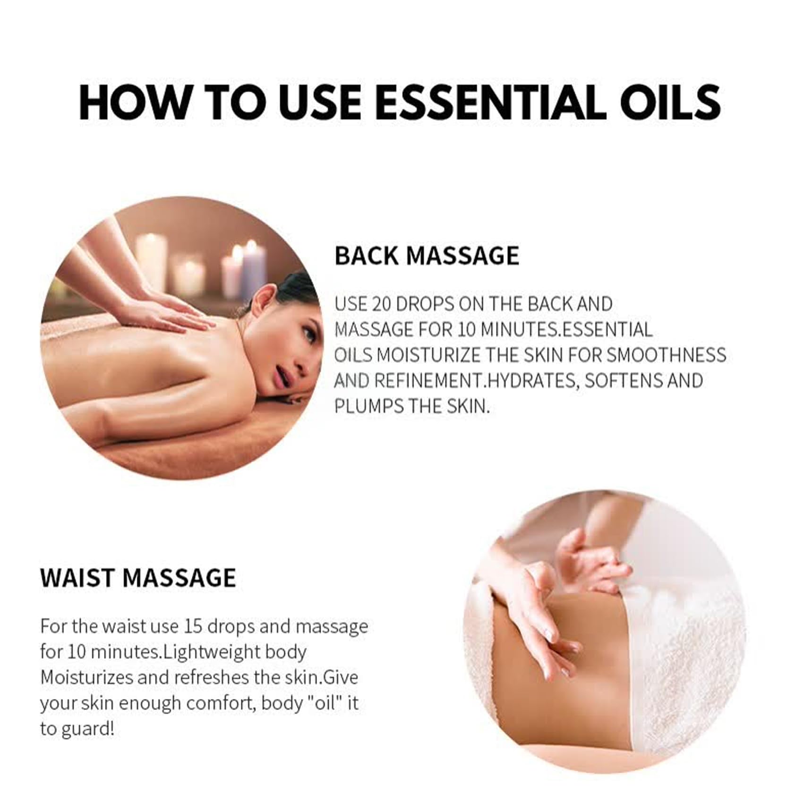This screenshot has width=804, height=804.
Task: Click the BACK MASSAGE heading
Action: [427, 256]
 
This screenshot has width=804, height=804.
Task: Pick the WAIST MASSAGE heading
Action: [138, 577]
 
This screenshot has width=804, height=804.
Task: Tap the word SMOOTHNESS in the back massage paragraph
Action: [666, 355]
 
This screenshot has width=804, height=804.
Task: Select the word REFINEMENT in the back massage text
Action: [430, 381]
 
